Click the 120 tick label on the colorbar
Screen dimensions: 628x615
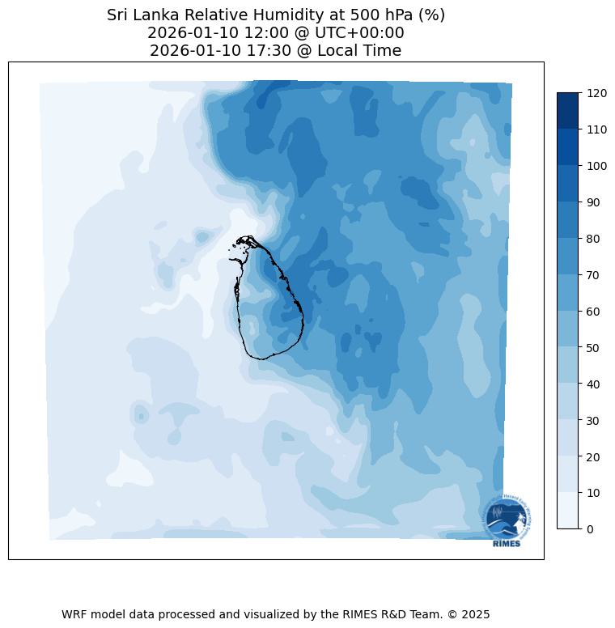pyautogui.click(x=597, y=93)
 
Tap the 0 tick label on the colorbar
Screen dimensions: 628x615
pyautogui.click(x=590, y=529)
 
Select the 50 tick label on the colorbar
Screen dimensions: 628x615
pyautogui.click(x=594, y=348)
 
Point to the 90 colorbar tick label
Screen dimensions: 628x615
pyautogui.click(x=594, y=202)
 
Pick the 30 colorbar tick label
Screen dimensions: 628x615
pyautogui.click(x=594, y=420)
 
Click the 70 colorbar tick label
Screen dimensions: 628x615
pyautogui.click(x=594, y=275)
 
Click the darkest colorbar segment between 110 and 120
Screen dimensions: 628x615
pyautogui.click(x=568, y=110)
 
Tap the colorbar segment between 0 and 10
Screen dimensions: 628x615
pyautogui.click(x=568, y=511)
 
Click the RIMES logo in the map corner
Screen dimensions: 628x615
pyautogui.click(x=507, y=522)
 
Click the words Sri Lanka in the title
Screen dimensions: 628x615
pyautogui.click(x=138, y=15)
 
